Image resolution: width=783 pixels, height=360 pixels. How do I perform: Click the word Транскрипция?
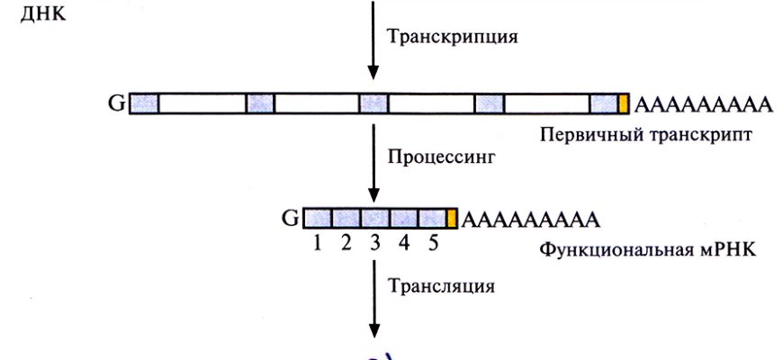coord(453,38)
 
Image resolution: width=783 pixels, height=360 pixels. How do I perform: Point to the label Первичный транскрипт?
coord(646,134)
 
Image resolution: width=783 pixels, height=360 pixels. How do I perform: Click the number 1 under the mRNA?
coord(316,242)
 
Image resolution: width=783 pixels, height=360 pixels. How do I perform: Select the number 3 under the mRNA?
coord(375,242)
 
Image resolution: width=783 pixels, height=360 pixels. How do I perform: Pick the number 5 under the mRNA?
coord(433,242)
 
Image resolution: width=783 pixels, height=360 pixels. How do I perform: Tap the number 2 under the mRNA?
coord(346,242)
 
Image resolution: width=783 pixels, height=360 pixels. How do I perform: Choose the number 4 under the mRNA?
coord(405,242)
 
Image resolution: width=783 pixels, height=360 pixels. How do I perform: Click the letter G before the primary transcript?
coord(117,103)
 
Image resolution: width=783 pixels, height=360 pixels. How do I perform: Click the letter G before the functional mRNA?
coord(290,219)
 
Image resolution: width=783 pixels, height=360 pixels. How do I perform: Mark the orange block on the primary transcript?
coord(623,103)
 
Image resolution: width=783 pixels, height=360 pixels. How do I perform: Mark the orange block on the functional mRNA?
coord(452,219)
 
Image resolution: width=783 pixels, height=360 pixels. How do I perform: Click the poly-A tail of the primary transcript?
coord(704,104)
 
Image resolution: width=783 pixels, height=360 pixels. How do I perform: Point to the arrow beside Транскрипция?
coord(372,40)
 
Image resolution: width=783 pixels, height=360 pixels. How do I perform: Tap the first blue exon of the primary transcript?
coord(144,103)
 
